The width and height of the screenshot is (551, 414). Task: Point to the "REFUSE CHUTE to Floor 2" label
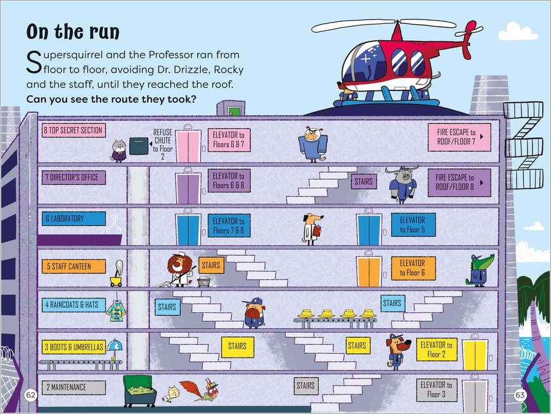point(162,145)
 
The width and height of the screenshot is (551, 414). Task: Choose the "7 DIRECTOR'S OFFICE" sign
point(73,177)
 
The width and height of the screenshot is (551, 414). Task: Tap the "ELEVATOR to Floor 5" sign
point(412,225)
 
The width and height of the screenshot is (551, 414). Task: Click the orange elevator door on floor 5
point(367,272)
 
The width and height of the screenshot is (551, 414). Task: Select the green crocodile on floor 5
point(479,270)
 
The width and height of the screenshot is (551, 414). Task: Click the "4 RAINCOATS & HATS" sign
point(73,305)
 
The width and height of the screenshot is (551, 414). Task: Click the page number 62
point(31,394)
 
